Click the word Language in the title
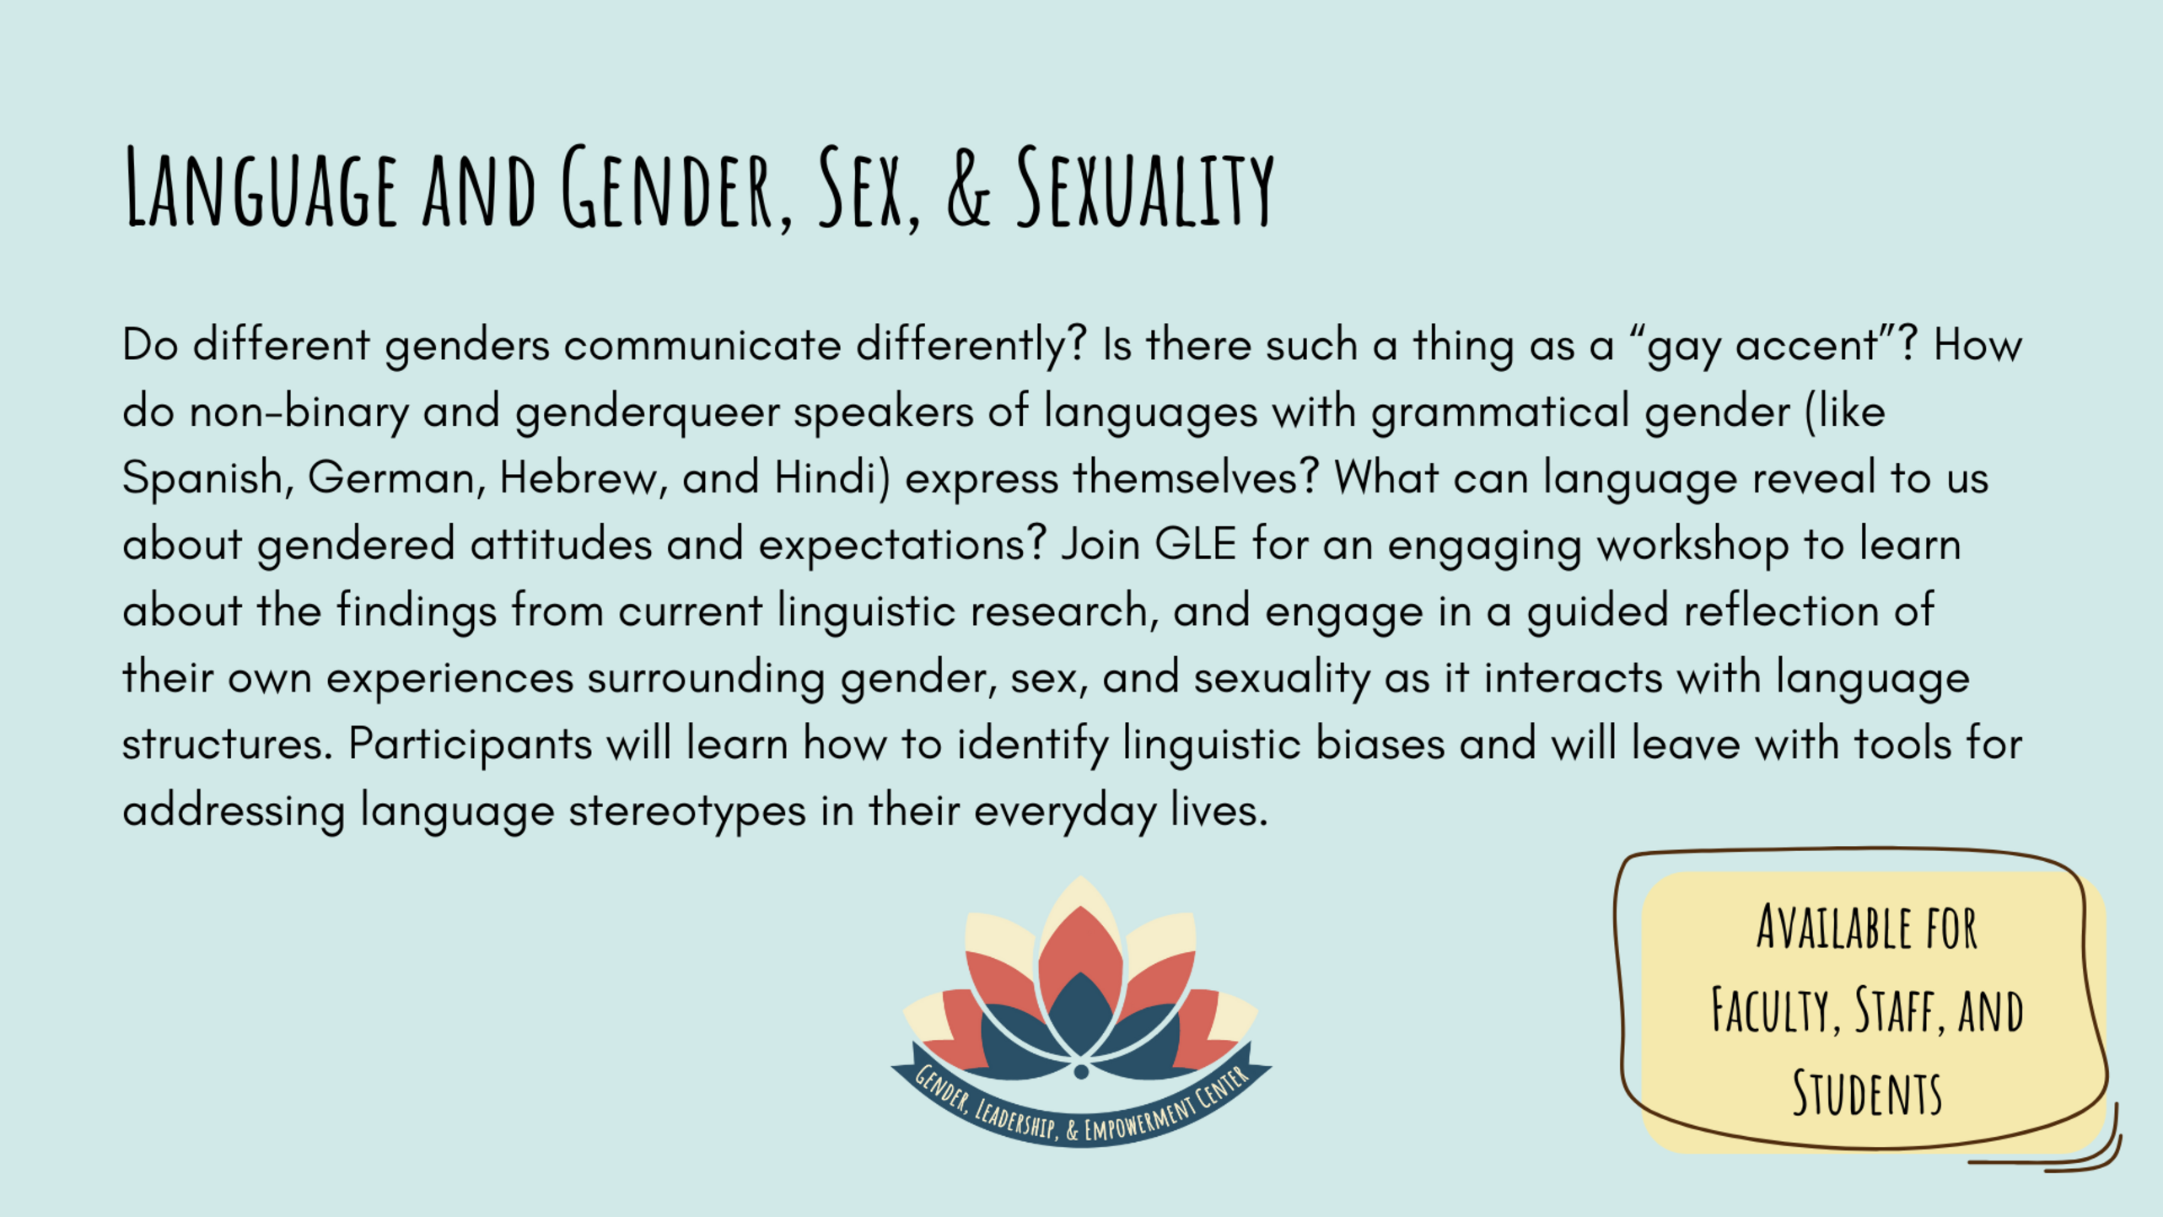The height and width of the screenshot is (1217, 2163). tap(261, 187)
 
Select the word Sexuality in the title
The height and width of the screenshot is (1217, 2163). tap(1145, 187)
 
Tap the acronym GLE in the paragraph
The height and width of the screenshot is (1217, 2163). tap(1195, 544)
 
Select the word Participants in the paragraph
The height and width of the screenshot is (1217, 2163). tap(471, 745)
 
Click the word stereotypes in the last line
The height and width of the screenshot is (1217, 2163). tap(687, 811)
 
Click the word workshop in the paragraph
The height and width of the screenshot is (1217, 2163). tap(1693, 545)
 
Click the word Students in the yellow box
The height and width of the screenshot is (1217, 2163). tap(1867, 1093)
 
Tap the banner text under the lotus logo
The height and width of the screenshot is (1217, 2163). tap(1081, 1107)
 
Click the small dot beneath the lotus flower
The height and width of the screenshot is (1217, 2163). tap(1081, 1071)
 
